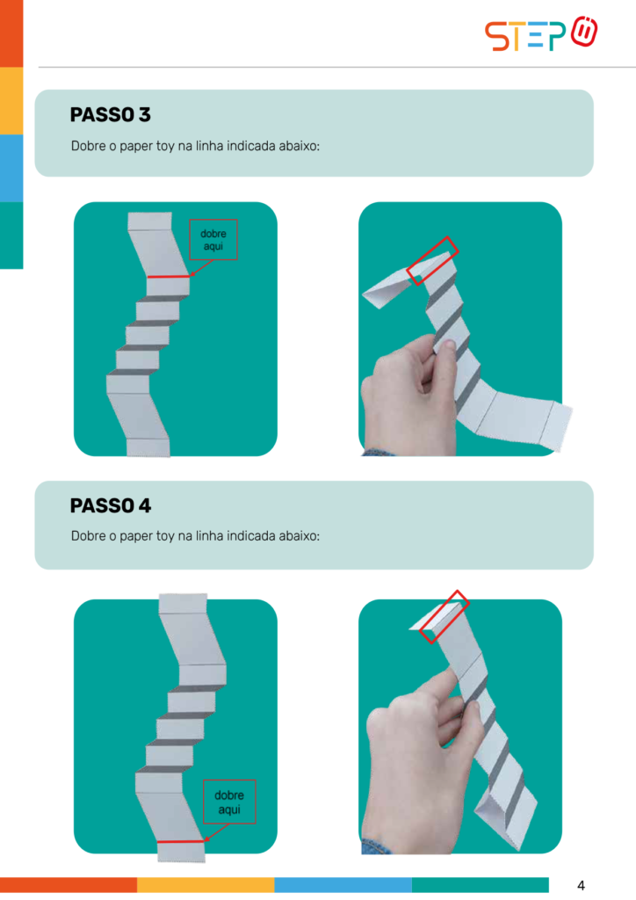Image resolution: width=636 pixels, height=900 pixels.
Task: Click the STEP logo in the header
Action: tap(541, 34)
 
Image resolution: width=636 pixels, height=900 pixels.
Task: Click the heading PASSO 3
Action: tap(110, 115)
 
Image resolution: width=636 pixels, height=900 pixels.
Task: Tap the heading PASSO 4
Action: tap(110, 505)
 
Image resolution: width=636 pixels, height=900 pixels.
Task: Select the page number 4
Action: tap(581, 885)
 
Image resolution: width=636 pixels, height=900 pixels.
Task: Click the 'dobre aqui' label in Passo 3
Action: tap(213, 240)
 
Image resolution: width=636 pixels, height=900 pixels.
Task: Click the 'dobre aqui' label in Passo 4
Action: tap(228, 802)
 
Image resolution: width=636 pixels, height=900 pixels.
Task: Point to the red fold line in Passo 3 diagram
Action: tap(169, 277)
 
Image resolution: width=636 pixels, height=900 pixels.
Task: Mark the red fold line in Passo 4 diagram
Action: tap(181, 842)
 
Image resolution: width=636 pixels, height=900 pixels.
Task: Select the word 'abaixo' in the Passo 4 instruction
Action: tap(299, 536)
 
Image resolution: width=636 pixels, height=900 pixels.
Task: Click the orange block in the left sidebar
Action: tap(11, 33)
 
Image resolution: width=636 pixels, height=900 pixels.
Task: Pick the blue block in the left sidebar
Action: tap(11, 168)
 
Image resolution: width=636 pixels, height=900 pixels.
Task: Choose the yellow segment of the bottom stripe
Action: tap(206, 884)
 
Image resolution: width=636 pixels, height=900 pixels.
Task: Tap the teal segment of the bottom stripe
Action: tap(480, 884)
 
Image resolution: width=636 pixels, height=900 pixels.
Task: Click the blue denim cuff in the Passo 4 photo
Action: tap(378, 846)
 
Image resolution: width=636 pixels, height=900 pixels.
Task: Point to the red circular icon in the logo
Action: tap(584, 32)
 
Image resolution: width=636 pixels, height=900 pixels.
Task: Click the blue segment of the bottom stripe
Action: tap(343, 884)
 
